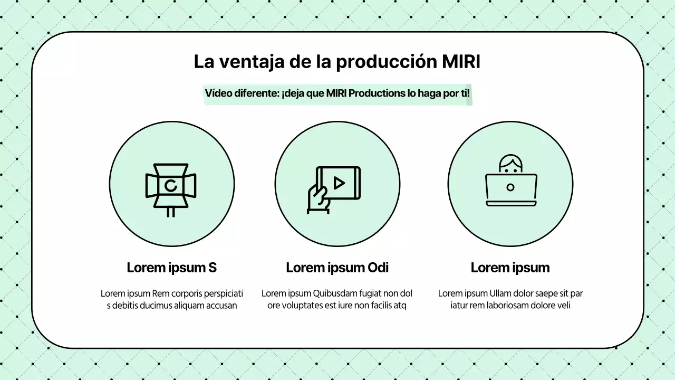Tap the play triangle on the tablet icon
click(339, 183)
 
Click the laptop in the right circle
click(510, 189)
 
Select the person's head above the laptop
click(510, 164)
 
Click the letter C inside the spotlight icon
click(170, 185)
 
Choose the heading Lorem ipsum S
click(171, 268)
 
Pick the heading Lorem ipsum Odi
click(337, 268)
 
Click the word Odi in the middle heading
click(377, 268)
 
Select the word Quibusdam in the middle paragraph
click(336, 293)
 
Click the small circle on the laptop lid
click(510, 187)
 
